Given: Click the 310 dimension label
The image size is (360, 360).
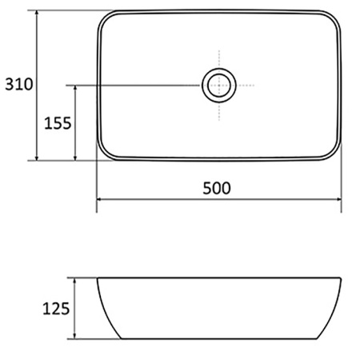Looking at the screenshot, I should (x=18, y=84).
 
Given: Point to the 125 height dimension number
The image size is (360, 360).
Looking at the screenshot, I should (x=58, y=309).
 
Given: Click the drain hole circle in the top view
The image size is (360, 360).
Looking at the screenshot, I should (x=218, y=84).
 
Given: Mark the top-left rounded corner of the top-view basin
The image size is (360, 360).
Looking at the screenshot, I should (x=105, y=18).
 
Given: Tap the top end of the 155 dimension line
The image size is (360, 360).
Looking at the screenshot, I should (x=75, y=84).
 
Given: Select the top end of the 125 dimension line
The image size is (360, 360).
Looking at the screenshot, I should (x=75, y=278).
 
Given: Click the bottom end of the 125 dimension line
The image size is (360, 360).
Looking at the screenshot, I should (x=75, y=338).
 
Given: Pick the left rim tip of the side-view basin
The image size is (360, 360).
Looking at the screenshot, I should (x=98, y=280).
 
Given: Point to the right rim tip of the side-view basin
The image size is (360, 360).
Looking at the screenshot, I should (x=342, y=280).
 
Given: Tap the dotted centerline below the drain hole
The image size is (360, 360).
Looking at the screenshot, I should (x=218, y=112).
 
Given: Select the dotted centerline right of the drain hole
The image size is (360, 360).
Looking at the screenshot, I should (x=246, y=84).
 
